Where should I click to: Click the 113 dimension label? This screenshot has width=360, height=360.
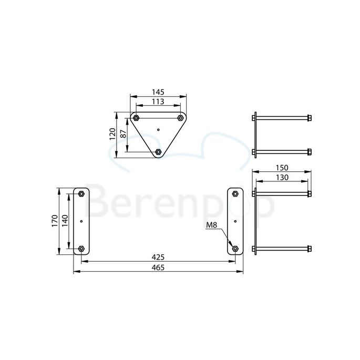coord(158,101)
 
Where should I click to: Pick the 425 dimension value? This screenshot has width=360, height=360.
coord(158,257)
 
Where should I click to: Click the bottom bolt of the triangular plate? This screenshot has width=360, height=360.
coord(158,152)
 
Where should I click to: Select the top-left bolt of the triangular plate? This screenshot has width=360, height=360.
coord(136,117)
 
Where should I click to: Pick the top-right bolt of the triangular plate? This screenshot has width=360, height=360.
coord(180,117)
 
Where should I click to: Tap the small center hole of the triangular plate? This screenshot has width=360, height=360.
coord(158,128)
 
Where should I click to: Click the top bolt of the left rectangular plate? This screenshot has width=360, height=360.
coord(81,194)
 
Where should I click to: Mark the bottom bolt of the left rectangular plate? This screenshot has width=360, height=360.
coord(81,249)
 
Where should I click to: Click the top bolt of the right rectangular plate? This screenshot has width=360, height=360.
coord(235,194)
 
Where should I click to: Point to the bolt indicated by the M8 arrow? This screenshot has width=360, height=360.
coord(235,249)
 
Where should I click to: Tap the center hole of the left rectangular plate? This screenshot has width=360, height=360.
coord(81,221)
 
